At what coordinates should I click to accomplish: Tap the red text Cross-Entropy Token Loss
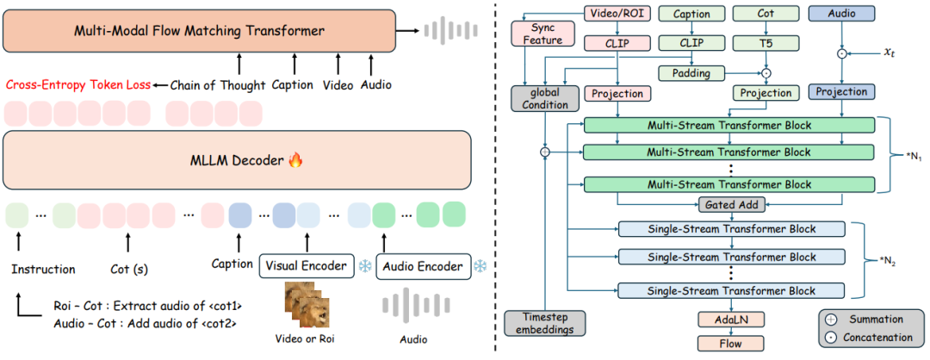tap(76, 84)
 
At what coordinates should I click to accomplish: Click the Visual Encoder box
tap(306, 266)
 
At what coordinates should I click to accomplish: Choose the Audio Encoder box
tap(422, 266)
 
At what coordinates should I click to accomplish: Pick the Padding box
tap(691, 73)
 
